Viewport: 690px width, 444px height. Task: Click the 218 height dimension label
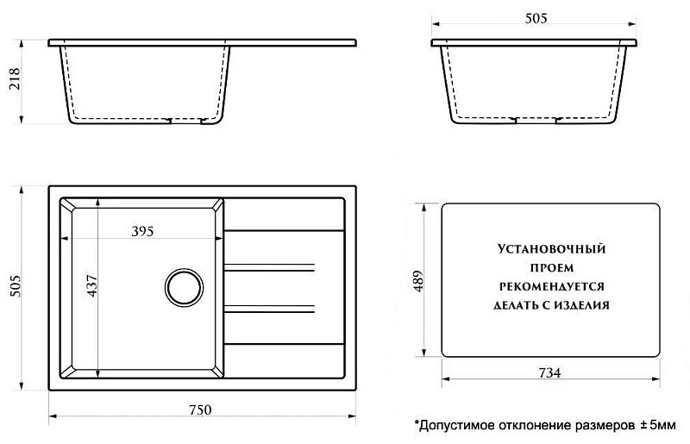[15, 78]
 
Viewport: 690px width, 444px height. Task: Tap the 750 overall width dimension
[201, 410]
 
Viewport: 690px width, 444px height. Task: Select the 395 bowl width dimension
[142, 231]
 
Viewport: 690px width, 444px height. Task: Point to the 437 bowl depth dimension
[92, 285]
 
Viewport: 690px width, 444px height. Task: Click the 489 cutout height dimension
[418, 281]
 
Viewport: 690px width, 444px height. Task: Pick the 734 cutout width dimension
[550, 372]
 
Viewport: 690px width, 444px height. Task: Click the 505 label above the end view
[536, 18]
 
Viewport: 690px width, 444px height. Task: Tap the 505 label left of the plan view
[15, 286]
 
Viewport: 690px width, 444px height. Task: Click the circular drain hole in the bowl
[184, 287]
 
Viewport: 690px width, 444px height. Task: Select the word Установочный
[552, 249]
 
